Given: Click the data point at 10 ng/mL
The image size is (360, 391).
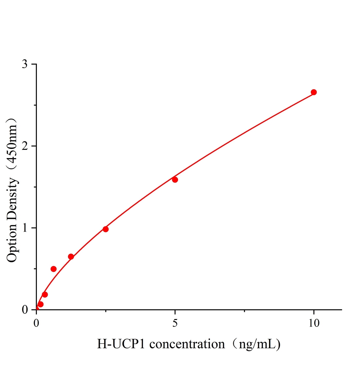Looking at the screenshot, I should click(313, 92).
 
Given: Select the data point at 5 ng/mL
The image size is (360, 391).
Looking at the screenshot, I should click(175, 180).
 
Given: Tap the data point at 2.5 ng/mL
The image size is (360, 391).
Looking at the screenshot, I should click(106, 229).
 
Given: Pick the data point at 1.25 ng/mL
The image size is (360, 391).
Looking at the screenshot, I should click(71, 256).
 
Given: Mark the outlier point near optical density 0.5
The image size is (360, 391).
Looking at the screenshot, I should click(53, 269).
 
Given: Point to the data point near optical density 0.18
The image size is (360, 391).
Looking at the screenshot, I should click(45, 295).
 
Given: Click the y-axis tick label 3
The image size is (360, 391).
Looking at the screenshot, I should click(25, 64).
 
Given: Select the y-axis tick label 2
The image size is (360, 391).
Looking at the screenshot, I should click(25, 146).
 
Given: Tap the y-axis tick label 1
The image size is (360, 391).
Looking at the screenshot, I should click(25, 228).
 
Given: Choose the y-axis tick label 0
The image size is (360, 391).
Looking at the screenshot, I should click(25, 310).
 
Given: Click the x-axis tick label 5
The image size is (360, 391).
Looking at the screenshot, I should click(175, 323).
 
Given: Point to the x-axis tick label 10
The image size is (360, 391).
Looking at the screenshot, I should click(313, 323).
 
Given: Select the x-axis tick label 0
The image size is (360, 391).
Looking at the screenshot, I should click(37, 323).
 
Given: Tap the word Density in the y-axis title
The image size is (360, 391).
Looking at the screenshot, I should click(12, 199).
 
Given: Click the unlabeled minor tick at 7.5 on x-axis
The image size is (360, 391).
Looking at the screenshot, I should click(244, 311).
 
